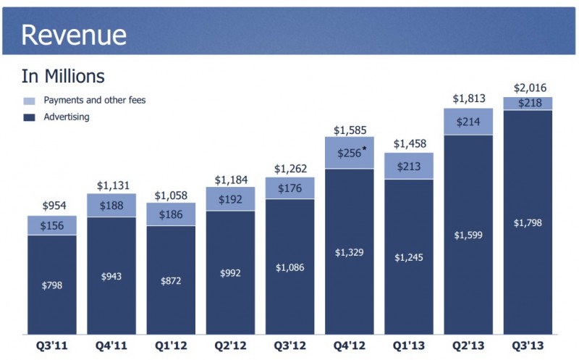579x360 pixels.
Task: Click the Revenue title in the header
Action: [x=74, y=34]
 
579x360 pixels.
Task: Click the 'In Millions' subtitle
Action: [x=63, y=76]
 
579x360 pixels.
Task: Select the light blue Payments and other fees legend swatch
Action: [x=29, y=101]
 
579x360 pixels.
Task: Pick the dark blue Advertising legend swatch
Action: [x=29, y=117]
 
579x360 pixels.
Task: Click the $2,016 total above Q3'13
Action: [x=528, y=88]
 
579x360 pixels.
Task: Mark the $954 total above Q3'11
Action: [x=52, y=206]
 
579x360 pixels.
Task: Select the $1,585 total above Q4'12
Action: [x=350, y=130]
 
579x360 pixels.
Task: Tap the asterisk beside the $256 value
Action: [x=364, y=149]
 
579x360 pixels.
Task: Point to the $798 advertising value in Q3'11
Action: [x=52, y=285]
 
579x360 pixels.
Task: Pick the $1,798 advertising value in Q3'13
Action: [x=528, y=222]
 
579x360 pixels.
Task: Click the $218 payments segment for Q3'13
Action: [x=528, y=104]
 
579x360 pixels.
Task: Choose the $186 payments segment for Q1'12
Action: [x=171, y=214]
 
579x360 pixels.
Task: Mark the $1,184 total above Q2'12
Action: [x=231, y=179]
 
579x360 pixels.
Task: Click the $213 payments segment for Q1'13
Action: [x=409, y=167]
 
